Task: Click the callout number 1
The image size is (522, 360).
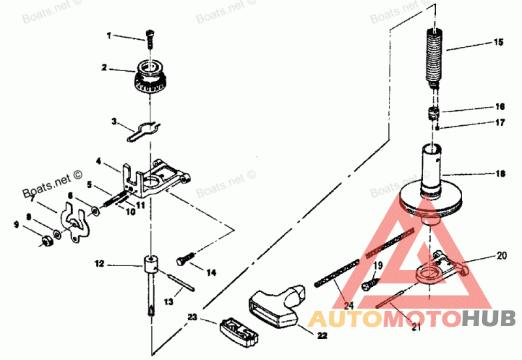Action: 109,36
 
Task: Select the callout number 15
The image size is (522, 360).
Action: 499,42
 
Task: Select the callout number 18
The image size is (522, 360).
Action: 499,173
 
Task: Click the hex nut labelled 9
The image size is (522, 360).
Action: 47,242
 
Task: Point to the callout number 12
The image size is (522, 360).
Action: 99,265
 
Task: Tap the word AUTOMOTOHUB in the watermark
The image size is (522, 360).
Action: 411,319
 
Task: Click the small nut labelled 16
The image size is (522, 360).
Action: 431,113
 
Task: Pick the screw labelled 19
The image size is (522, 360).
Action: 371,283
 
